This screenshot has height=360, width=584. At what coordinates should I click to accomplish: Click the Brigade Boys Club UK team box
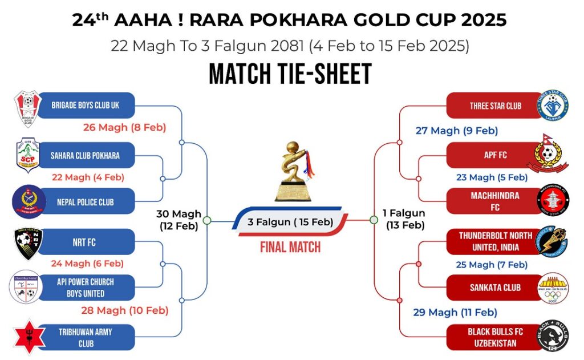(x=86, y=106)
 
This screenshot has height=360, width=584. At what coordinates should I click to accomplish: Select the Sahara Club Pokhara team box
(x=86, y=155)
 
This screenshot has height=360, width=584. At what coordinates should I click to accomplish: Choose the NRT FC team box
(x=86, y=242)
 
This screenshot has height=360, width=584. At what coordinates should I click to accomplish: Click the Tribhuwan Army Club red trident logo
(x=26, y=337)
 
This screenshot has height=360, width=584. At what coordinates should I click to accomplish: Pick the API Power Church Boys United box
(x=86, y=288)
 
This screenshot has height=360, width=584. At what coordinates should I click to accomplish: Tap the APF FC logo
(x=550, y=154)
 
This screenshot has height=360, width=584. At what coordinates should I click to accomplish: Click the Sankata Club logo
(x=553, y=288)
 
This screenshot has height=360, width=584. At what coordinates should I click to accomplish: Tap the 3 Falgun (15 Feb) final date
(x=290, y=221)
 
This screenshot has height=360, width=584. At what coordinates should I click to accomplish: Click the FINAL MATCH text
(x=290, y=248)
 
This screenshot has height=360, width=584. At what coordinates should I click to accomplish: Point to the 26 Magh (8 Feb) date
(x=124, y=127)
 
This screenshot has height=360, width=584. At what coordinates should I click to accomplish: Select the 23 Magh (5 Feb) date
(x=492, y=177)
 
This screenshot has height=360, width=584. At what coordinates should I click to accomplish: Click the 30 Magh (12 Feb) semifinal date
(x=179, y=220)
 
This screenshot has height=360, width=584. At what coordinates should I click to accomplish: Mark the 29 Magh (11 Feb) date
(x=455, y=312)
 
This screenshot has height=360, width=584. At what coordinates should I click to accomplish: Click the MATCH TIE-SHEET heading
(x=290, y=74)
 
